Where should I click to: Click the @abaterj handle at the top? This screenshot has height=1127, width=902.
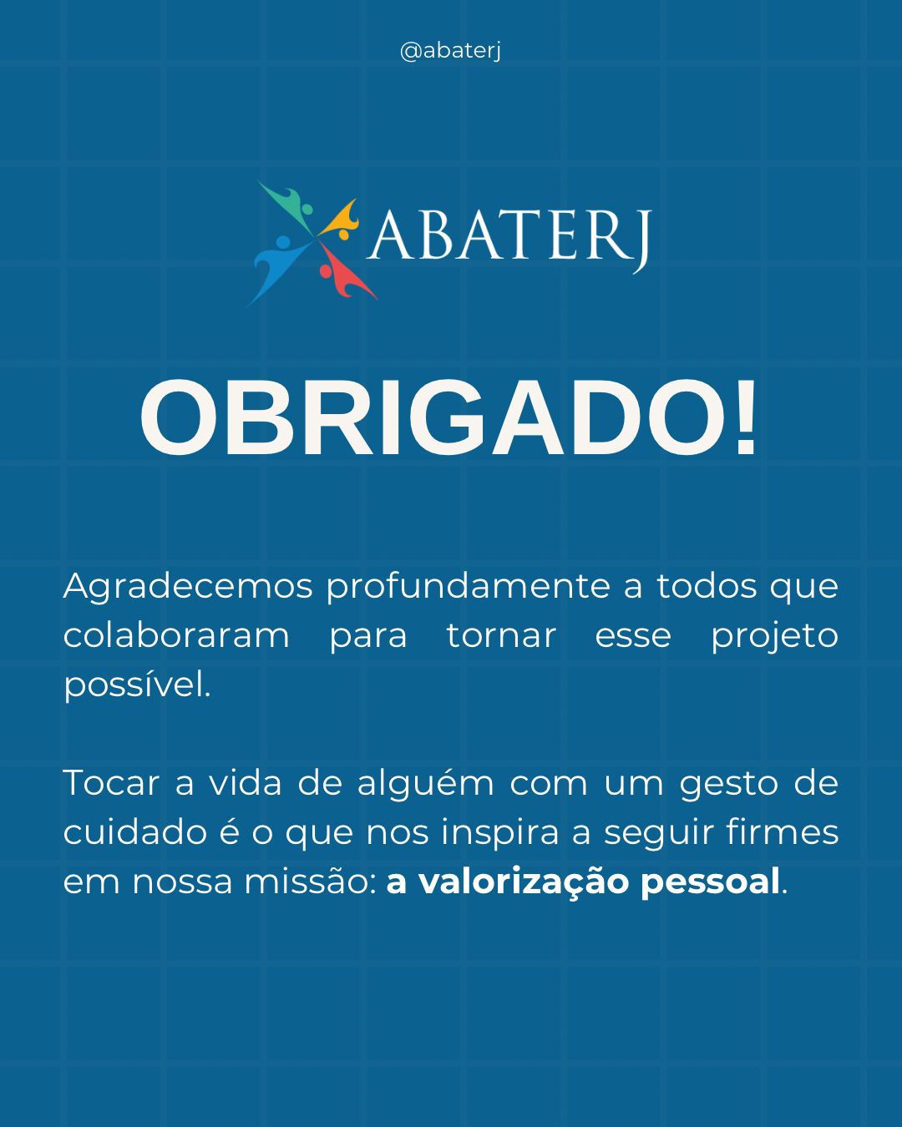point(450,51)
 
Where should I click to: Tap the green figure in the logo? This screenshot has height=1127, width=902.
point(289,205)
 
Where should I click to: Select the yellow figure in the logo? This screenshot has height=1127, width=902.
point(341,220)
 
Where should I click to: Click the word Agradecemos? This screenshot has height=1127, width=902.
point(188,587)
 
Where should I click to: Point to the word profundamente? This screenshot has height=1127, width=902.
point(469,587)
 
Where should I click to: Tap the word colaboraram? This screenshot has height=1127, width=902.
point(176,636)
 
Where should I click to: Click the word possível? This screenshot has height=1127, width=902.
point(137,685)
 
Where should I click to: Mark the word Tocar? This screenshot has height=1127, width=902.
point(111,783)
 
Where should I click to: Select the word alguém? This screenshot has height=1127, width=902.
point(425,783)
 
